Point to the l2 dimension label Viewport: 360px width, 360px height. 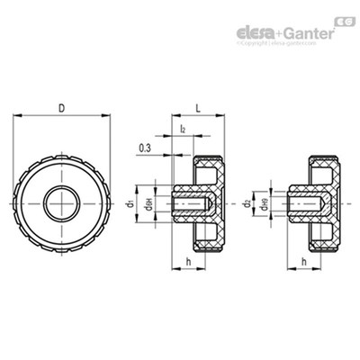pos(183,130)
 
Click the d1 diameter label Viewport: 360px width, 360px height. pos(131,204)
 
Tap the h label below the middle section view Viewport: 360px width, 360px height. pos(186,262)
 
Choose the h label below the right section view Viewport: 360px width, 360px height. pos(305,262)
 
